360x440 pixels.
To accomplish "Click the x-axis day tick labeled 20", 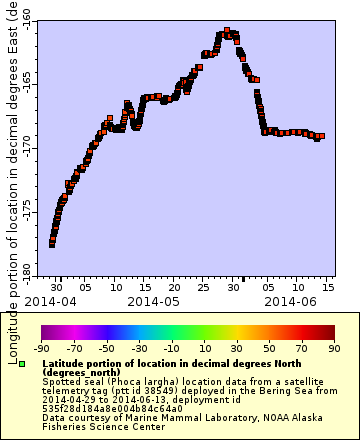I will (x=174, y=286).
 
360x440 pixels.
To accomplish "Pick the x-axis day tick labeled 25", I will (x=204, y=286).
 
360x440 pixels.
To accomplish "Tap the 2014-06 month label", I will (x=290, y=300).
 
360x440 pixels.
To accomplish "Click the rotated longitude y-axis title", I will (x=12, y=180).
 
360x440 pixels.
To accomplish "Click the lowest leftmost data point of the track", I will (x=52, y=244).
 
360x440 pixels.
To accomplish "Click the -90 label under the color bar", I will (x=41, y=348).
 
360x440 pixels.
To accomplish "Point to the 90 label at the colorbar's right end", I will (x=333, y=348).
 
